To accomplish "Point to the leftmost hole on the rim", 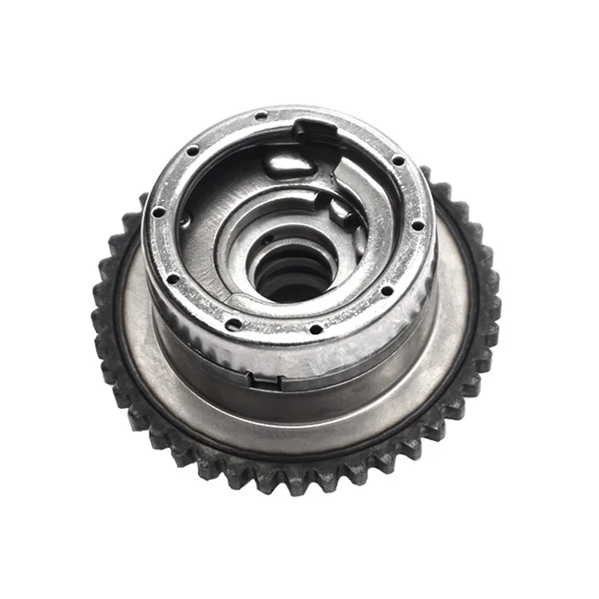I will pyautogui.click(x=160, y=212).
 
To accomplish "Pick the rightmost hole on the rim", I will pyautogui.click(x=418, y=225).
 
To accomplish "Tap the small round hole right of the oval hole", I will pyautogui.click(x=315, y=328).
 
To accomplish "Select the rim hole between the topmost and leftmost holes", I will pyautogui.click(x=192, y=151).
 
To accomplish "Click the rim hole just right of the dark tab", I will pyautogui.click(x=398, y=161).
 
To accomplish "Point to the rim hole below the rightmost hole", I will pyautogui.click(x=387, y=290).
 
